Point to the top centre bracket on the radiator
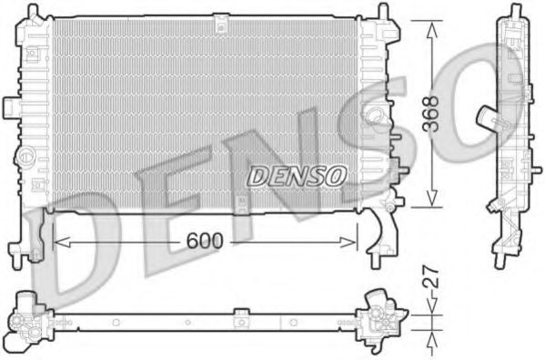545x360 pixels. (221, 24)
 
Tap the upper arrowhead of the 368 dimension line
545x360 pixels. (430, 22)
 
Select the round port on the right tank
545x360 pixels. (375, 115)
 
